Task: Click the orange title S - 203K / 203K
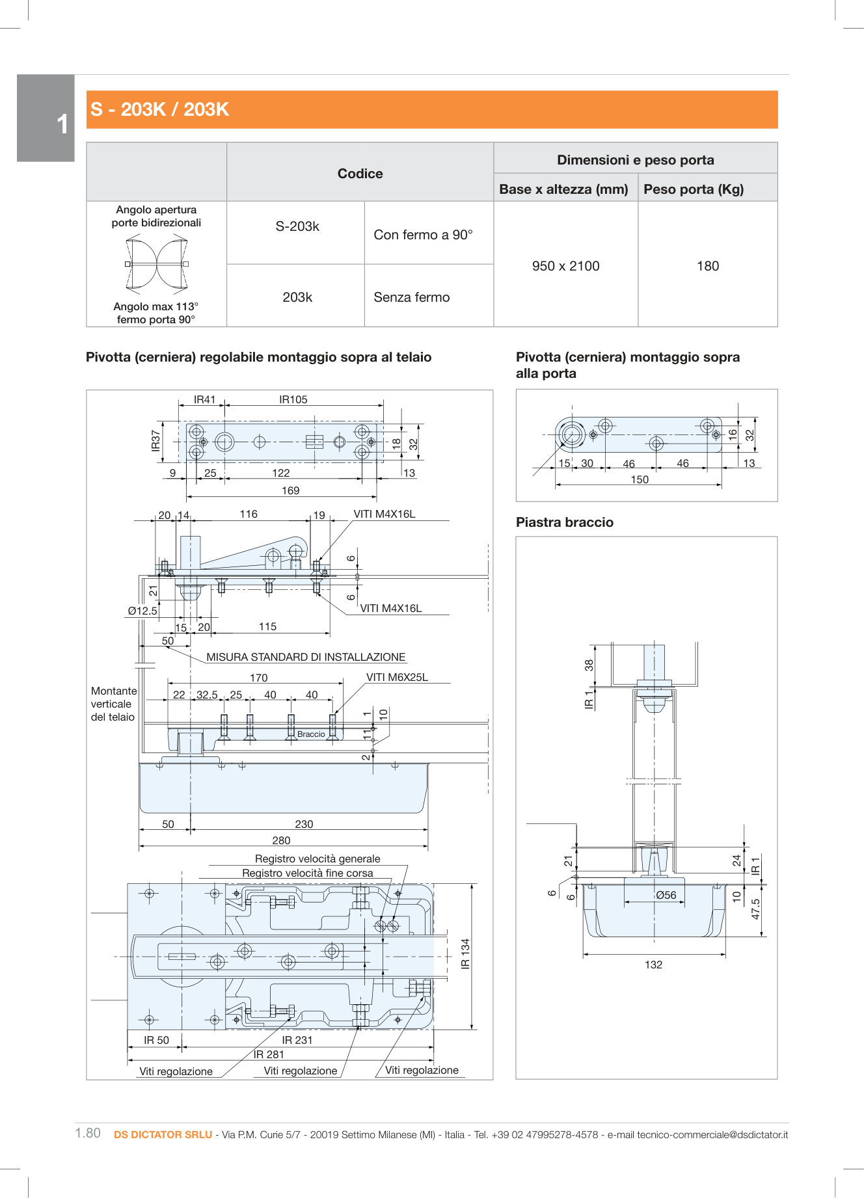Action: pyautogui.click(x=160, y=109)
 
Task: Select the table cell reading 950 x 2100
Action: pyautogui.click(x=565, y=266)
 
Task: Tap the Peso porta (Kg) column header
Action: pyautogui.click(x=694, y=189)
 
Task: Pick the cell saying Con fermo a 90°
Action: pyautogui.click(x=423, y=235)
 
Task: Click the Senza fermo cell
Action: pyautogui.click(x=411, y=297)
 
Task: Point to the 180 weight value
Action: pyautogui.click(x=708, y=266)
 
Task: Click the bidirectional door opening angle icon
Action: pyautogui.click(x=156, y=263)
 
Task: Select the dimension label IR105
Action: pyautogui.click(x=293, y=399)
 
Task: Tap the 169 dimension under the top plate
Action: pyautogui.click(x=290, y=490)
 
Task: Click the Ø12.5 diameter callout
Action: pyautogui.click(x=142, y=611)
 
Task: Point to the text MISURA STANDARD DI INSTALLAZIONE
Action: pyautogui.click(x=306, y=657)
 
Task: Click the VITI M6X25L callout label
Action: pyautogui.click(x=397, y=677)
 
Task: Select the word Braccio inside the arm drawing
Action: pyautogui.click(x=311, y=734)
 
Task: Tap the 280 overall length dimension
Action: pyautogui.click(x=281, y=840)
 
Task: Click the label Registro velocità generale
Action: pyautogui.click(x=317, y=859)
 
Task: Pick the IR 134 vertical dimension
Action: pyautogui.click(x=465, y=953)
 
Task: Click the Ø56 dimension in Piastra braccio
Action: pyautogui.click(x=666, y=895)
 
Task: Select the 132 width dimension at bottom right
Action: pyautogui.click(x=653, y=965)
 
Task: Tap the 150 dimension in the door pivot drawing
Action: pyautogui.click(x=640, y=479)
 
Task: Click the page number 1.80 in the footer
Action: pyautogui.click(x=88, y=1133)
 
